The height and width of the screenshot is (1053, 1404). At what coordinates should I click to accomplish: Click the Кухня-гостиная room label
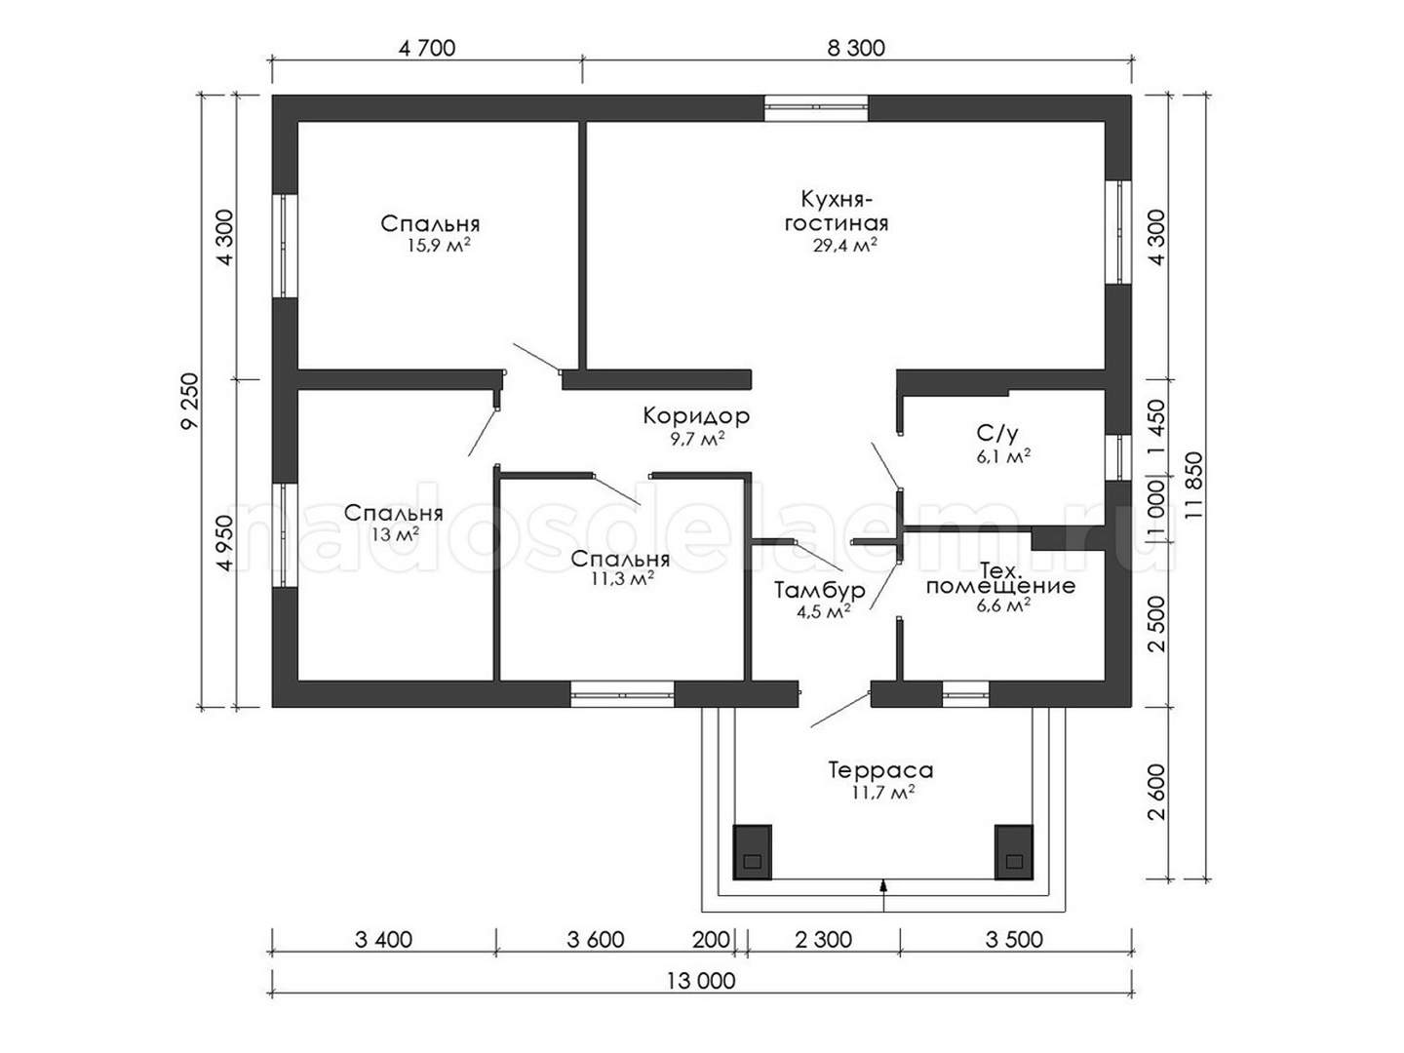(x=837, y=211)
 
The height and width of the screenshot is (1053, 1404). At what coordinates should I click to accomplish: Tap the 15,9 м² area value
(x=439, y=245)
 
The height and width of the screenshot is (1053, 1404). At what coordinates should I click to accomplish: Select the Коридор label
(x=696, y=416)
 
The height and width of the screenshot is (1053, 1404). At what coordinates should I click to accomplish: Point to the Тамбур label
(x=820, y=590)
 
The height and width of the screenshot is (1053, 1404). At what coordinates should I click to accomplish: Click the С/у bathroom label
(x=997, y=434)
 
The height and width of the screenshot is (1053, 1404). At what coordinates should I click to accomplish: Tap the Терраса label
(x=881, y=770)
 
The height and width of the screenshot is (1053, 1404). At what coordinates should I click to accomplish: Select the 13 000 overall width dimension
(x=701, y=981)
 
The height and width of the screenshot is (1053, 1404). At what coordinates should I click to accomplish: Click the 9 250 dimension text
(x=190, y=401)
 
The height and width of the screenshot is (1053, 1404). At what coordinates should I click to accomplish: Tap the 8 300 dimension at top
(x=856, y=48)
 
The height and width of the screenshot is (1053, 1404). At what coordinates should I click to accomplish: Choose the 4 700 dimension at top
(x=427, y=48)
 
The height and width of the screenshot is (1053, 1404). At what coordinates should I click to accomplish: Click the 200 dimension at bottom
(x=711, y=939)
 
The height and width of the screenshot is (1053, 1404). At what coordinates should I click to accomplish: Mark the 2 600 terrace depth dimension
(x=1157, y=792)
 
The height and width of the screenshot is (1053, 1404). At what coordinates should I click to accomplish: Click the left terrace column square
(x=752, y=852)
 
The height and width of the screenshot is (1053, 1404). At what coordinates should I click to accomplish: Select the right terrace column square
(x=1014, y=852)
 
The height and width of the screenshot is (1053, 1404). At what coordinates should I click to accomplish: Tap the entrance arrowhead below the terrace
(x=884, y=885)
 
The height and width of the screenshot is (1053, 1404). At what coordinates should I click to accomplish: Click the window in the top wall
(x=816, y=108)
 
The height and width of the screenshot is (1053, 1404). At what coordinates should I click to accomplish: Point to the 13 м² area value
(x=396, y=534)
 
